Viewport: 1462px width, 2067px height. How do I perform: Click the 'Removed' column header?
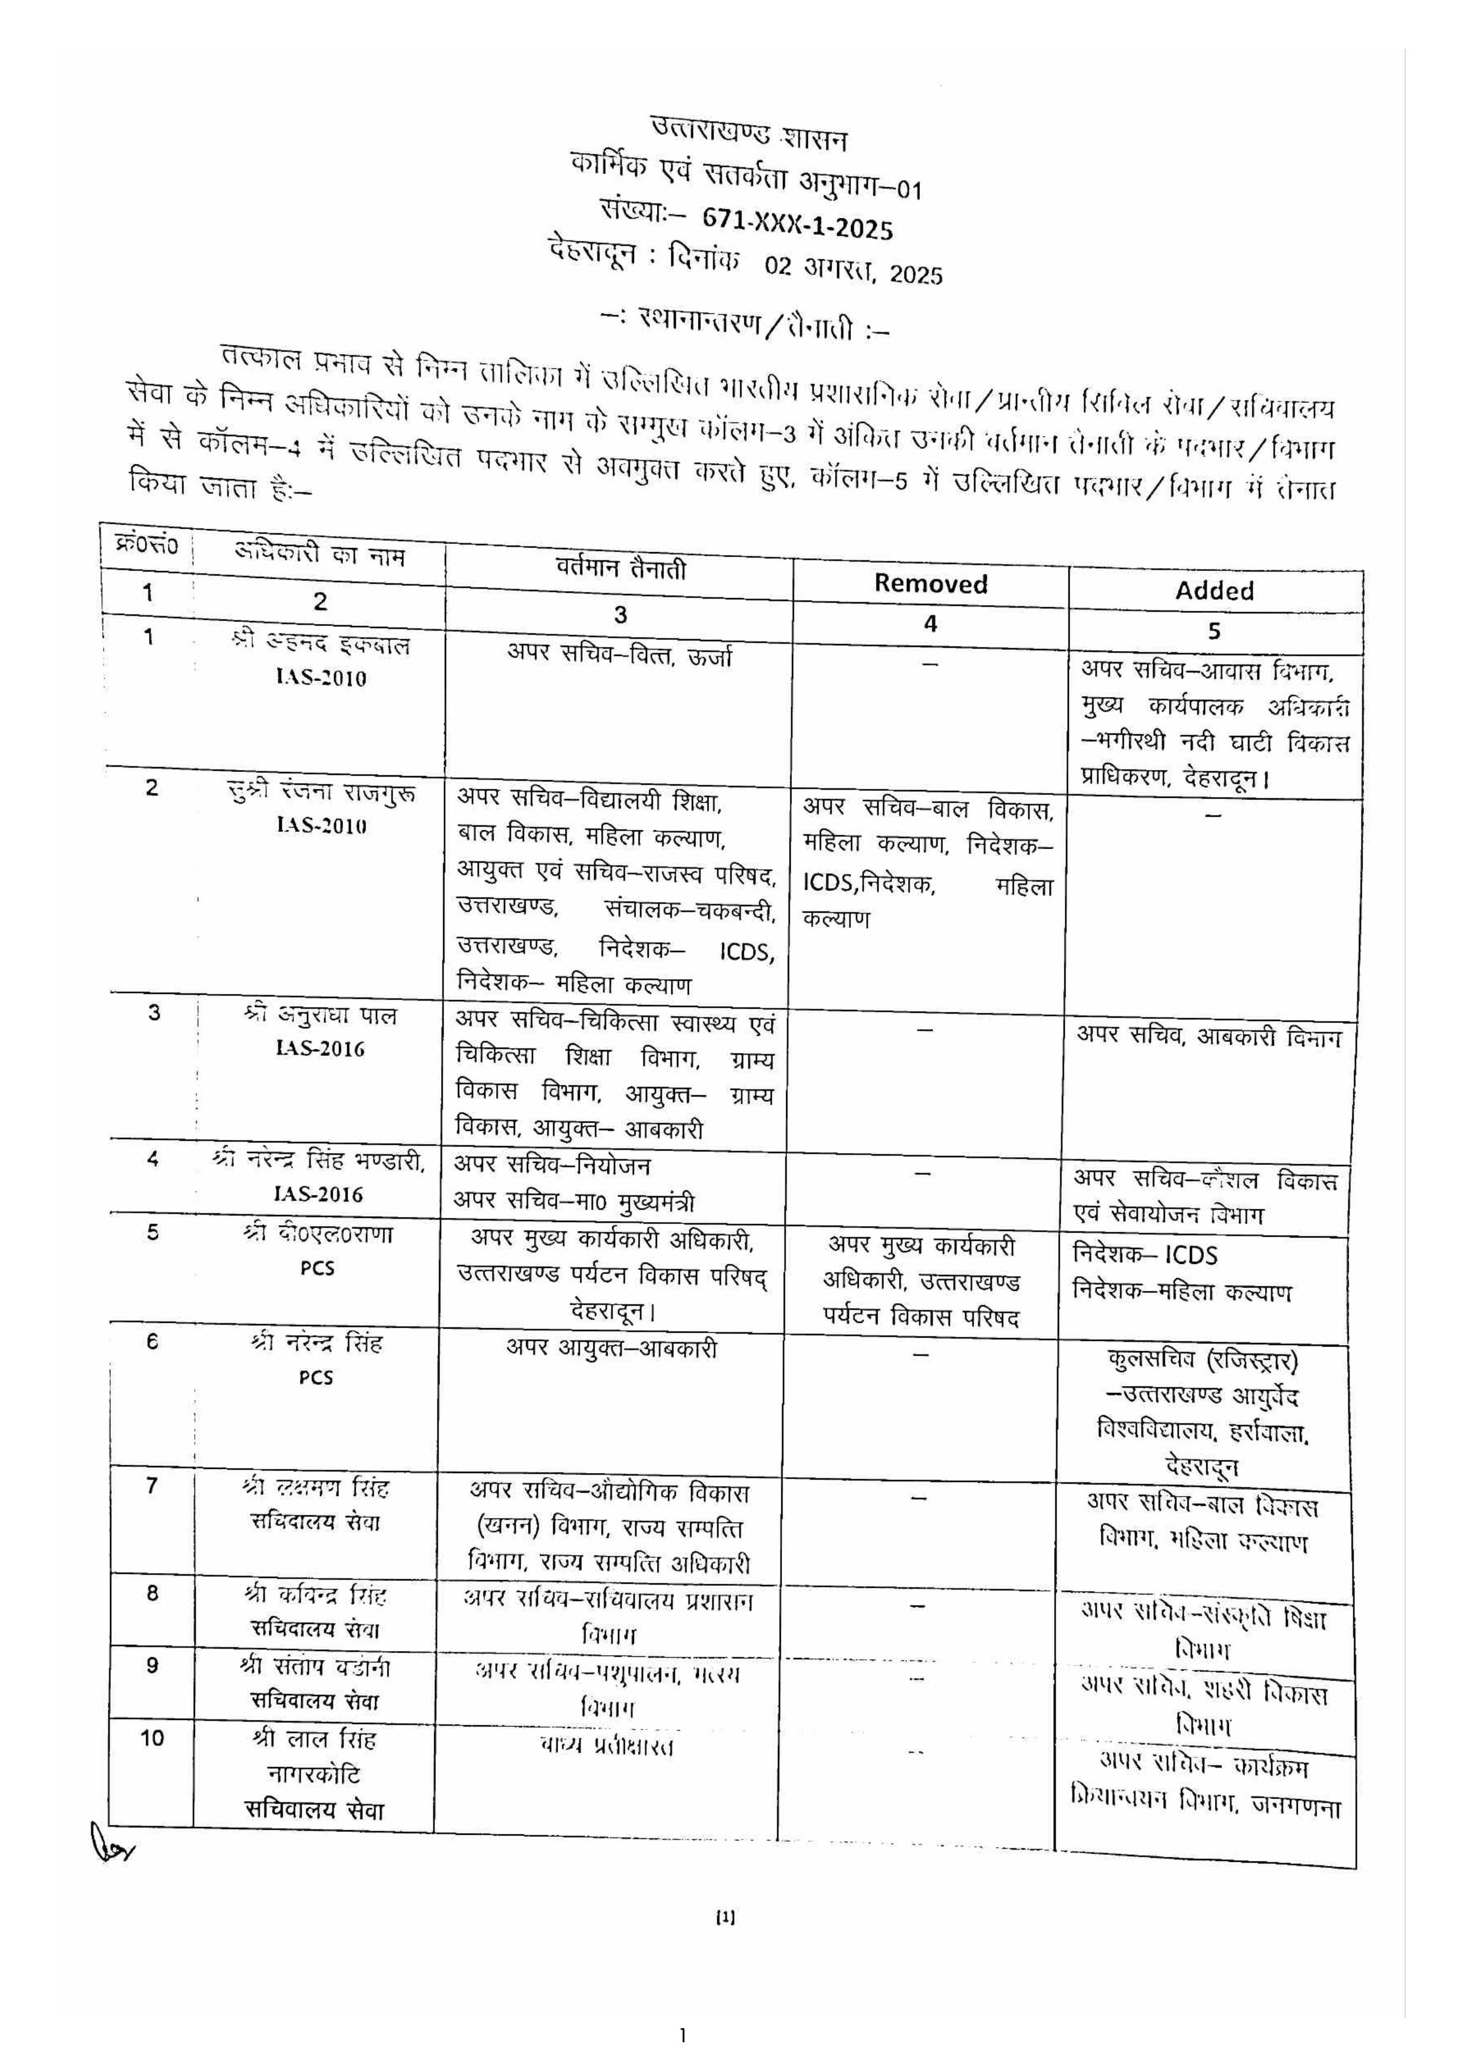(930, 583)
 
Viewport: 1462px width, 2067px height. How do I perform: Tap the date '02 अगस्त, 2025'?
(853, 268)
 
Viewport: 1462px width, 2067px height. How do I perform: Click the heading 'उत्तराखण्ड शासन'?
(749, 135)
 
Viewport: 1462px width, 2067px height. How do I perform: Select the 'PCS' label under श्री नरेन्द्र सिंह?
(316, 1378)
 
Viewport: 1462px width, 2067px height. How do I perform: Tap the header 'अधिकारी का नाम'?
(319, 554)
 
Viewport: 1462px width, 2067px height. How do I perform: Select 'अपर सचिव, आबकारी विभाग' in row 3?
(1208, 1037)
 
